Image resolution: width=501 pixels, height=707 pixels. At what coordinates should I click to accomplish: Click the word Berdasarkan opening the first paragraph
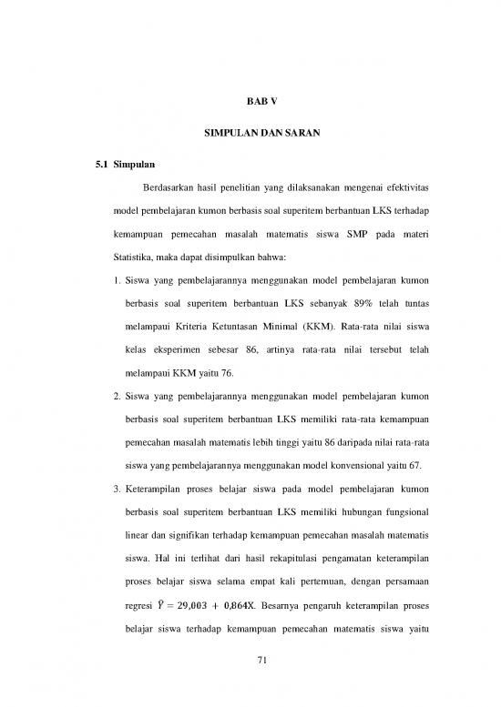click(x=169, y=188)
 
